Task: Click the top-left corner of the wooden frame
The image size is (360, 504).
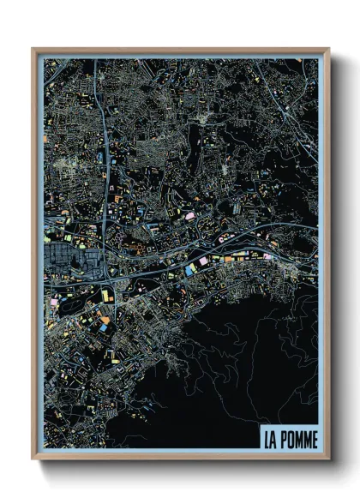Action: pyautogui.click(x=33, y=50)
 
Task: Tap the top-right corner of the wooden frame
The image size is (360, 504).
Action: pyautogui.click(x=328, y=50)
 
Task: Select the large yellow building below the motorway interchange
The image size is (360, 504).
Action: pyautogui.click(x=105, y=296)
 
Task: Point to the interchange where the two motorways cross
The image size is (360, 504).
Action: pyautogui.click(x=105, y=273)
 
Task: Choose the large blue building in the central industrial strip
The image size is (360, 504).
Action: pyautogui.click(x=190, y=269)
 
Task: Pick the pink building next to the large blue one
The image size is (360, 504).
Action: pyautogui.click(x=203, y=261)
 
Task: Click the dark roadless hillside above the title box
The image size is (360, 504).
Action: pyautogui.click(x=257, y=377)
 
